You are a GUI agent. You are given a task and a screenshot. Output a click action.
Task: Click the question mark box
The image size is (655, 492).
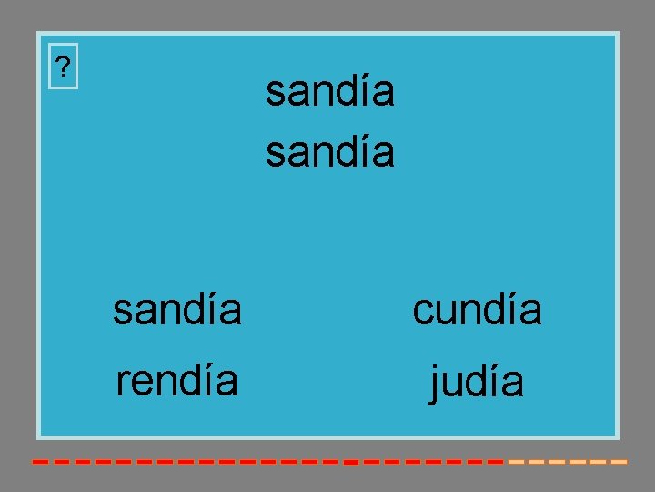tap(63, 67)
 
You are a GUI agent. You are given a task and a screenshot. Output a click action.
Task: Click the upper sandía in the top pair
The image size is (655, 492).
tap(330, 91)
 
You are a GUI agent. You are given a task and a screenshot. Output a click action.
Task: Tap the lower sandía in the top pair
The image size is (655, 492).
tap(330, 152)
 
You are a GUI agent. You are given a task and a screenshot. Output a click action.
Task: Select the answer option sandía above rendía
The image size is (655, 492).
tap(177, 310)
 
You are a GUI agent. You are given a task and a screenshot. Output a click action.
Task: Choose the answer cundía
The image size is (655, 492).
tap(477, 310)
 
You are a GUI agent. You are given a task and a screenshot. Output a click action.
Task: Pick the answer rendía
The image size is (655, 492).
tap(177, 381)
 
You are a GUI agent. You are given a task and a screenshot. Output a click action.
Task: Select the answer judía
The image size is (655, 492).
tap(477, 382)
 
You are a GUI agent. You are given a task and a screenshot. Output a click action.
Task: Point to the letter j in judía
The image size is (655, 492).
tap(436, 384)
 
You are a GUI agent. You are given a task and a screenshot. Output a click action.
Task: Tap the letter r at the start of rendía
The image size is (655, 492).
tap(121, 384)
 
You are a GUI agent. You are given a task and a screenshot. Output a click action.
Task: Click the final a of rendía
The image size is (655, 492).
tap(227, 384)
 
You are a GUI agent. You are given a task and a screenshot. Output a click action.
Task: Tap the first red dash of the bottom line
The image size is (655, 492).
tap(40, 462)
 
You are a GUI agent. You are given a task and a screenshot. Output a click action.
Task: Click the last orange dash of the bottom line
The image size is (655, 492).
tap(619, 462)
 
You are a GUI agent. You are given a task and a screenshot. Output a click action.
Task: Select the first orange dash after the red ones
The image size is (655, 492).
tap(515, 462)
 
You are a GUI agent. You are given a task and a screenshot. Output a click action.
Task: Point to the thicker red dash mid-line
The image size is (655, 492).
tap(350, 462)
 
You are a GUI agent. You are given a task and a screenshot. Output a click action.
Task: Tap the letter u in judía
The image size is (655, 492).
tap(455, 384)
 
